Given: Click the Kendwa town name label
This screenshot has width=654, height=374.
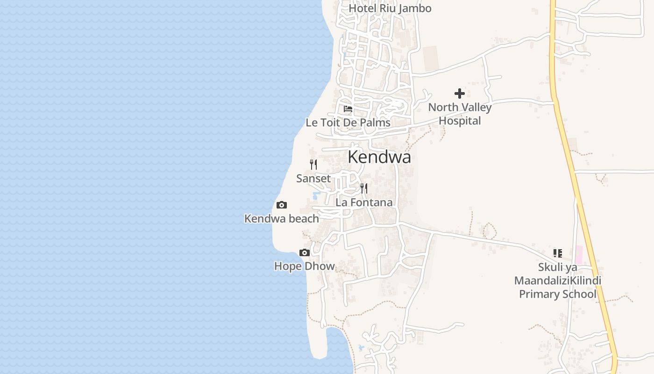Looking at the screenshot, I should pos(379,157).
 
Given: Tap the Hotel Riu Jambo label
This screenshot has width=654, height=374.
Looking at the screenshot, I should pos(390,8).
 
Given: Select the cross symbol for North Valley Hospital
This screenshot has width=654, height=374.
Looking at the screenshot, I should pos(460,93).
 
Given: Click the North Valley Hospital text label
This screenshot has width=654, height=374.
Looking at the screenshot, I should pos(460,114).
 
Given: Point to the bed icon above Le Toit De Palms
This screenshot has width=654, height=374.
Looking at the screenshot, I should pos(348,109).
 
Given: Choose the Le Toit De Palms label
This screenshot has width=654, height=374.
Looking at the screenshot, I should pos(348,123).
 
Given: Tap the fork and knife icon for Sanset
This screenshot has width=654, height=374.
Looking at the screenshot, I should pos(313,165).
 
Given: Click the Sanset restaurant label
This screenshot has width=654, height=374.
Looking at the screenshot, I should pos(313,179).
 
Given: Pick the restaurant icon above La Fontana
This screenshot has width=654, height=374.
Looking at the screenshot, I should pos(364,188).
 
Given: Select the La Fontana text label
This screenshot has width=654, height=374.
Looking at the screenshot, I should pos(364,203).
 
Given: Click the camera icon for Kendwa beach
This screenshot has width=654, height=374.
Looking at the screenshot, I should pos(282,205).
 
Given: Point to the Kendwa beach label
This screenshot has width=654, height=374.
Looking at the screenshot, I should pos(282,219).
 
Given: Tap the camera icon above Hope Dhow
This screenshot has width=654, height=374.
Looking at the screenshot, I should pos(305,253).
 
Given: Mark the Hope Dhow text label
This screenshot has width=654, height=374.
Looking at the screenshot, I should pos(305,266).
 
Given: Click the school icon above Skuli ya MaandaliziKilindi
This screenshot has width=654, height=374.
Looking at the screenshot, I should pos(557,253).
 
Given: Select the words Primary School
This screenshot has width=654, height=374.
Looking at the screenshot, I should pos(557,295).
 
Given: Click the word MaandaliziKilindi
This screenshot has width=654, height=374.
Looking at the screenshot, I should pos(557,281).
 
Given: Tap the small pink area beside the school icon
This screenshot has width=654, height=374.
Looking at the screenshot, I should pos(579,255).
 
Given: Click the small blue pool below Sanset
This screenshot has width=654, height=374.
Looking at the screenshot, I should pos(316,195).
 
